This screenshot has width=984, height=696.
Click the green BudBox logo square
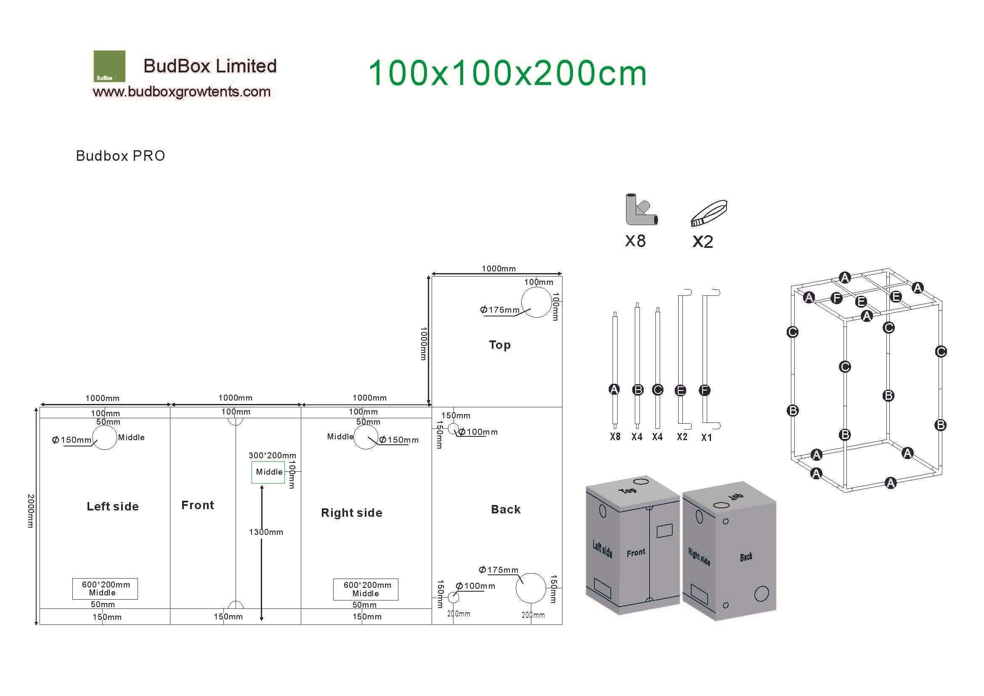coord(109,66)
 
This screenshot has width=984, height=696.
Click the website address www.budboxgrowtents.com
coord(182,92)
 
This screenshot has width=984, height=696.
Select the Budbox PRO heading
coord(120,156)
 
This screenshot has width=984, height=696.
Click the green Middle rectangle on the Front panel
coord(268,472)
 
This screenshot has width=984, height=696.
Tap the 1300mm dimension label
coord(266,532)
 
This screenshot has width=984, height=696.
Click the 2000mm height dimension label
coord(30,511)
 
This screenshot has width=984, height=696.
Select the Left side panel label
coord(113,507)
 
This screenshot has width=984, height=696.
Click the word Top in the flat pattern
coord(500,345)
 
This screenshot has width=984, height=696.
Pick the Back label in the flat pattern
coord(506,510)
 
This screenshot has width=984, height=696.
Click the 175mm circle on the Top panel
coord(536,302)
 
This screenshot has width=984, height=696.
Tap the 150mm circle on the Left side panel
coord(105,438)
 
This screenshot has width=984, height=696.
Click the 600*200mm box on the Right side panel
coord(366,589)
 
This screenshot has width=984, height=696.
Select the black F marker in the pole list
coord(705,391)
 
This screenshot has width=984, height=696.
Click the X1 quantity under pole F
coord(706,438)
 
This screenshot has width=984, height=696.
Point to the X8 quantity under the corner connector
coord(635,241)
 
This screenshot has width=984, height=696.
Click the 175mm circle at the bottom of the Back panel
coord(531,588)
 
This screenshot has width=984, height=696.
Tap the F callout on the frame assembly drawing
coord(836,298)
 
